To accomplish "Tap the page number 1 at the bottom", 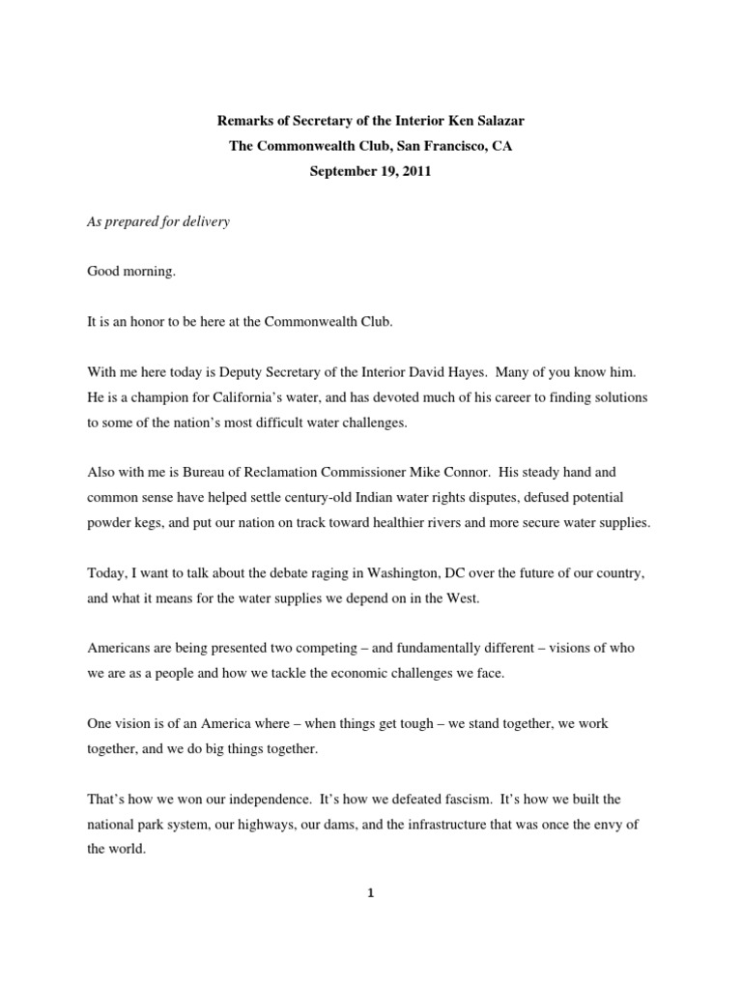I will click(370, 893).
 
